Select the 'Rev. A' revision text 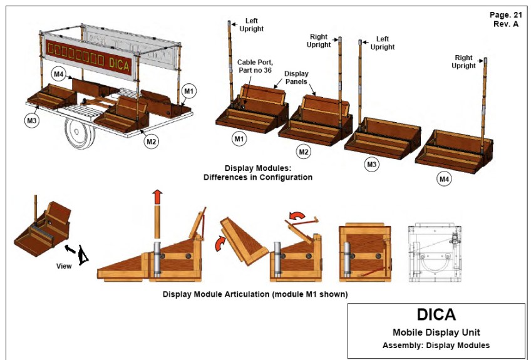pos(507,24)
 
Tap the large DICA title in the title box pos(436,314)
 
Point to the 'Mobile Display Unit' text pos(436,332)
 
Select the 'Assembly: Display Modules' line pos(436,345)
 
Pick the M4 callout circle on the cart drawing pos(59,75)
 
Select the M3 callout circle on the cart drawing pos(32,118)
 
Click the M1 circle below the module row pos(239,138)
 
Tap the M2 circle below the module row pos(304,152)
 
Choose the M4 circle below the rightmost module pos(445,180)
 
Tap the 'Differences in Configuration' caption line pos(259,177)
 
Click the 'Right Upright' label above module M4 pos(464,61)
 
